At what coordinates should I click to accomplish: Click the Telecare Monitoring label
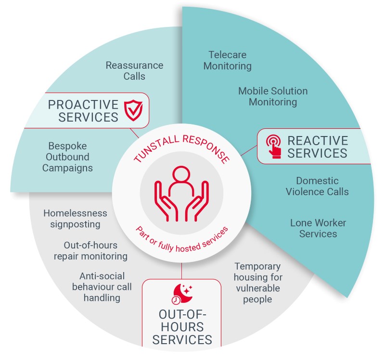(227, 60)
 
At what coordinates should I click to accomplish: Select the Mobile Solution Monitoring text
(272, 96)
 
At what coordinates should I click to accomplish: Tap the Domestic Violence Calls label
(317, 186)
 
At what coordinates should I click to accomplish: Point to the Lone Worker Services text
(318, 228)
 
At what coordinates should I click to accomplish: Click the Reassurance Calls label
(134, 71)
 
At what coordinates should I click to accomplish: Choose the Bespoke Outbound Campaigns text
(68, 157)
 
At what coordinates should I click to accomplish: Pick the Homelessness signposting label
(75, 218)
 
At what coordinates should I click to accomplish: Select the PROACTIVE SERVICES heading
(83, 111)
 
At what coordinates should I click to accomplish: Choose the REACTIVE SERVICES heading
(317, 147)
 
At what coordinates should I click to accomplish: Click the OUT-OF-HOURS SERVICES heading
(181, 327)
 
